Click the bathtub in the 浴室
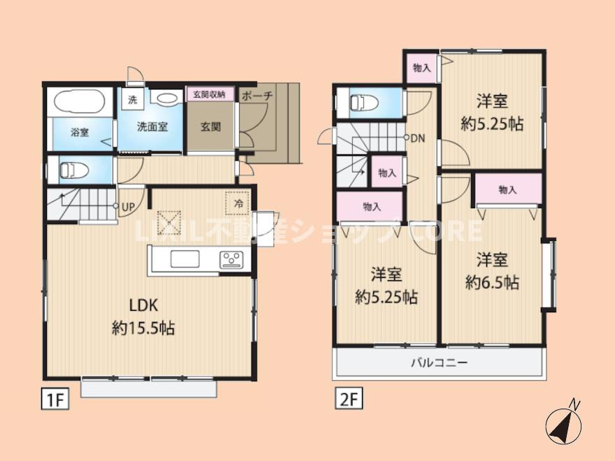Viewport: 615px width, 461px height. (79, 103)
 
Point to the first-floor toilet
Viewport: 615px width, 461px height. (71, 169)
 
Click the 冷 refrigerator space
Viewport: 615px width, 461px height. (238, 203)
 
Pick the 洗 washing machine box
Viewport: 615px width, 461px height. (132, 99)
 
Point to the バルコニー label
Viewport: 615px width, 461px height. (438, 363)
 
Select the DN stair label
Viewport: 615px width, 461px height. (417, 138)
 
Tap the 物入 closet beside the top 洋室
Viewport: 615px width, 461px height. (421, 68)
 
